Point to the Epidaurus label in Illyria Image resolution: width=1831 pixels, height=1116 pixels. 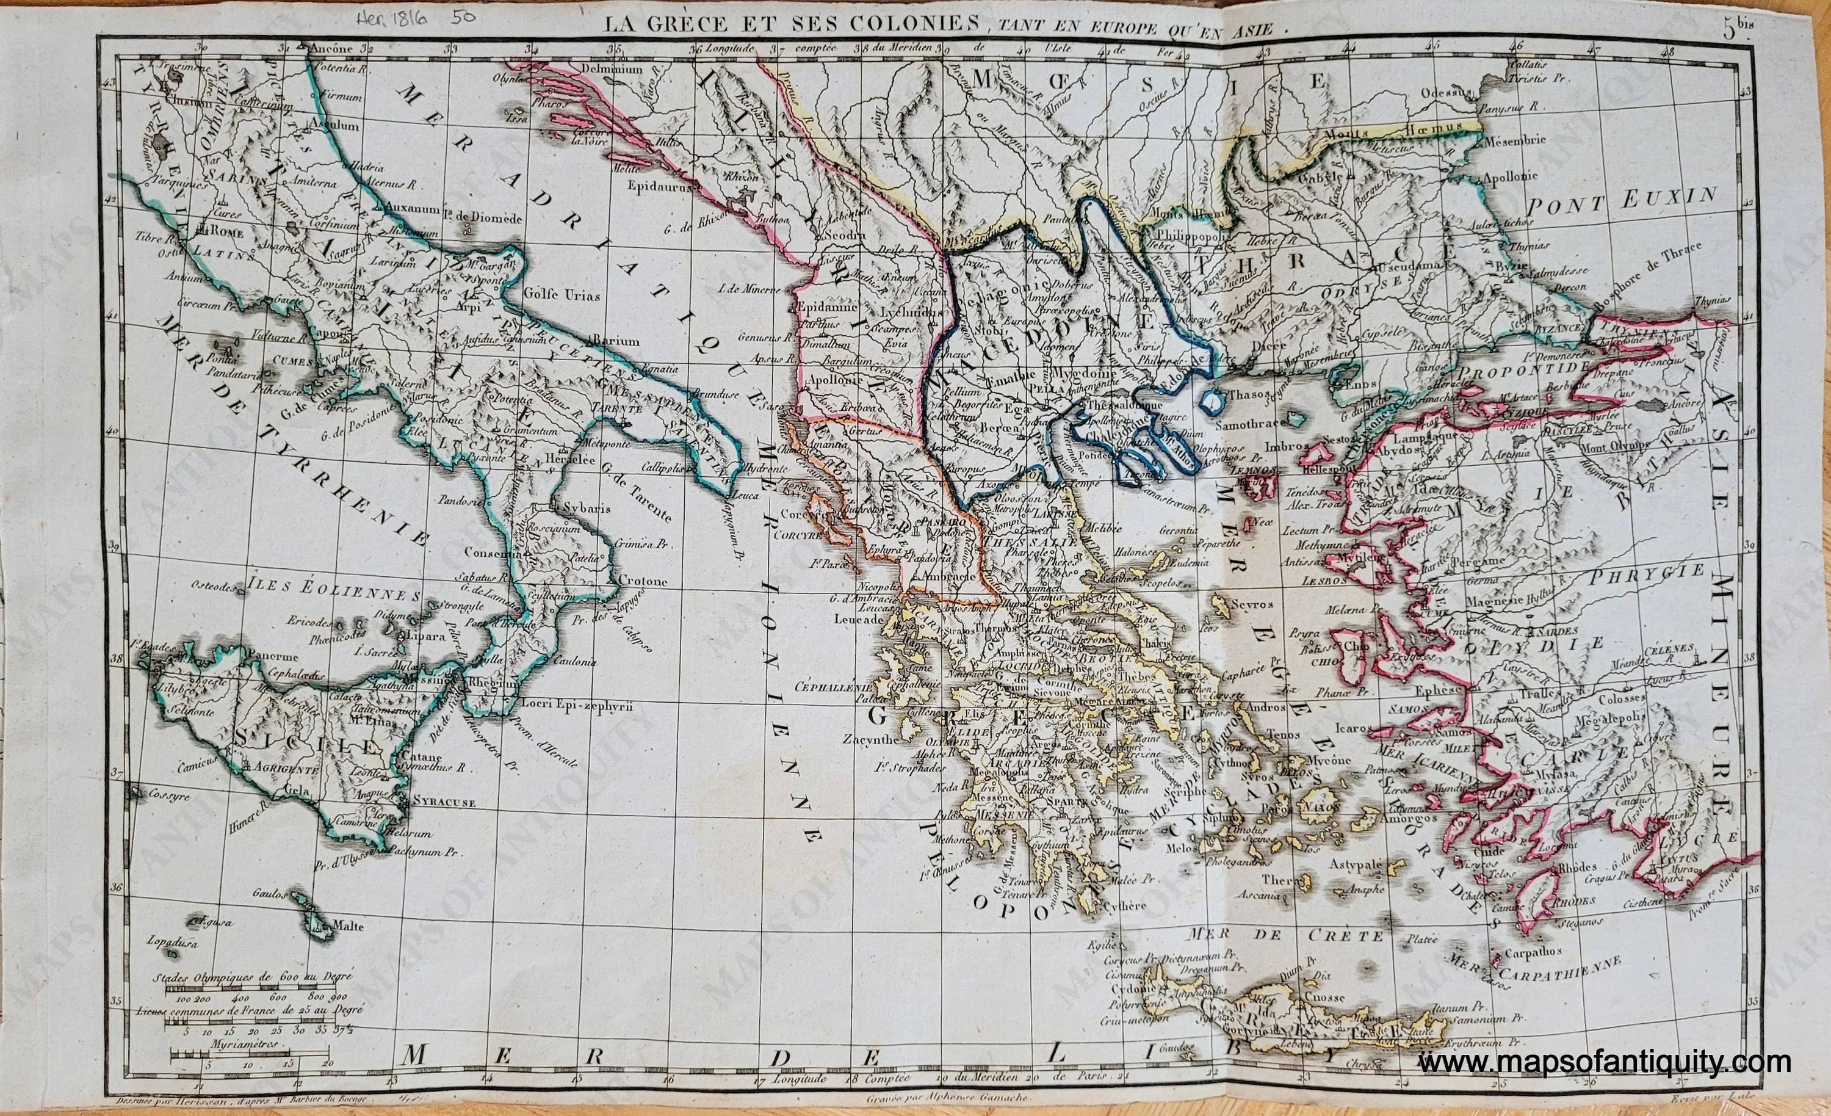[663, 187]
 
